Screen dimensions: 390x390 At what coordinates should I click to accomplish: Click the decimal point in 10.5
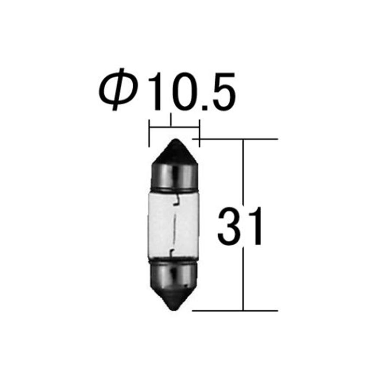(202, 106)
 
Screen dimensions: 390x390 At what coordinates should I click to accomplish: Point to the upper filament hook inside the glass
(176, 201)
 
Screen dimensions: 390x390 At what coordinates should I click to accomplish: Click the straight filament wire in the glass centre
(175, 225)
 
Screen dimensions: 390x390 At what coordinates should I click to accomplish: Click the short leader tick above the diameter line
(172, 120)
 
